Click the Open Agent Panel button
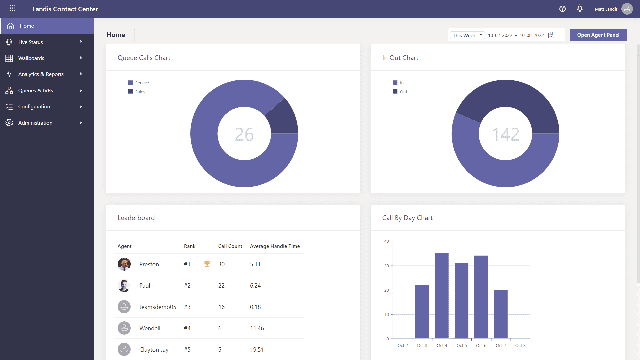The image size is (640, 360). click(x=598, y=35)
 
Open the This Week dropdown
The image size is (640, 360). click(x=467, y=35)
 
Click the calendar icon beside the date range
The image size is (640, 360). click(x=551, y=35)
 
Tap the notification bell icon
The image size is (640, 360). click(x=580, y=9)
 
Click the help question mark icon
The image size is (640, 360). click(x=562, y=9)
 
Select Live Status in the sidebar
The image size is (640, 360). click(x=31, y=42)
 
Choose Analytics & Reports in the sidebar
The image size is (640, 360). click(x=41, y=74)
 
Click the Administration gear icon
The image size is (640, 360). click(x=9, y=123)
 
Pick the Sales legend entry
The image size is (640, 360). click(x=140, y=92)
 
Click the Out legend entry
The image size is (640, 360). click(x=403, y=92)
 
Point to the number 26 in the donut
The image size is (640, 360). click(x=244, y=134)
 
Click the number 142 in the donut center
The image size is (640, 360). click(x=505, y=134)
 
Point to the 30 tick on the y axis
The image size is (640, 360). click(x=387, y=266)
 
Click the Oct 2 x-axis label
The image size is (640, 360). click(x=402, y=346)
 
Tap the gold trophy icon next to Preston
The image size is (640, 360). click(x=207, y=264)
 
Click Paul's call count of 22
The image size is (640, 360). click(x=221, y=286)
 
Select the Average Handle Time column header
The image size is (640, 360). click(x=275, y=246)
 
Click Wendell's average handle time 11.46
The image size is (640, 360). click(x=257, y=328)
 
